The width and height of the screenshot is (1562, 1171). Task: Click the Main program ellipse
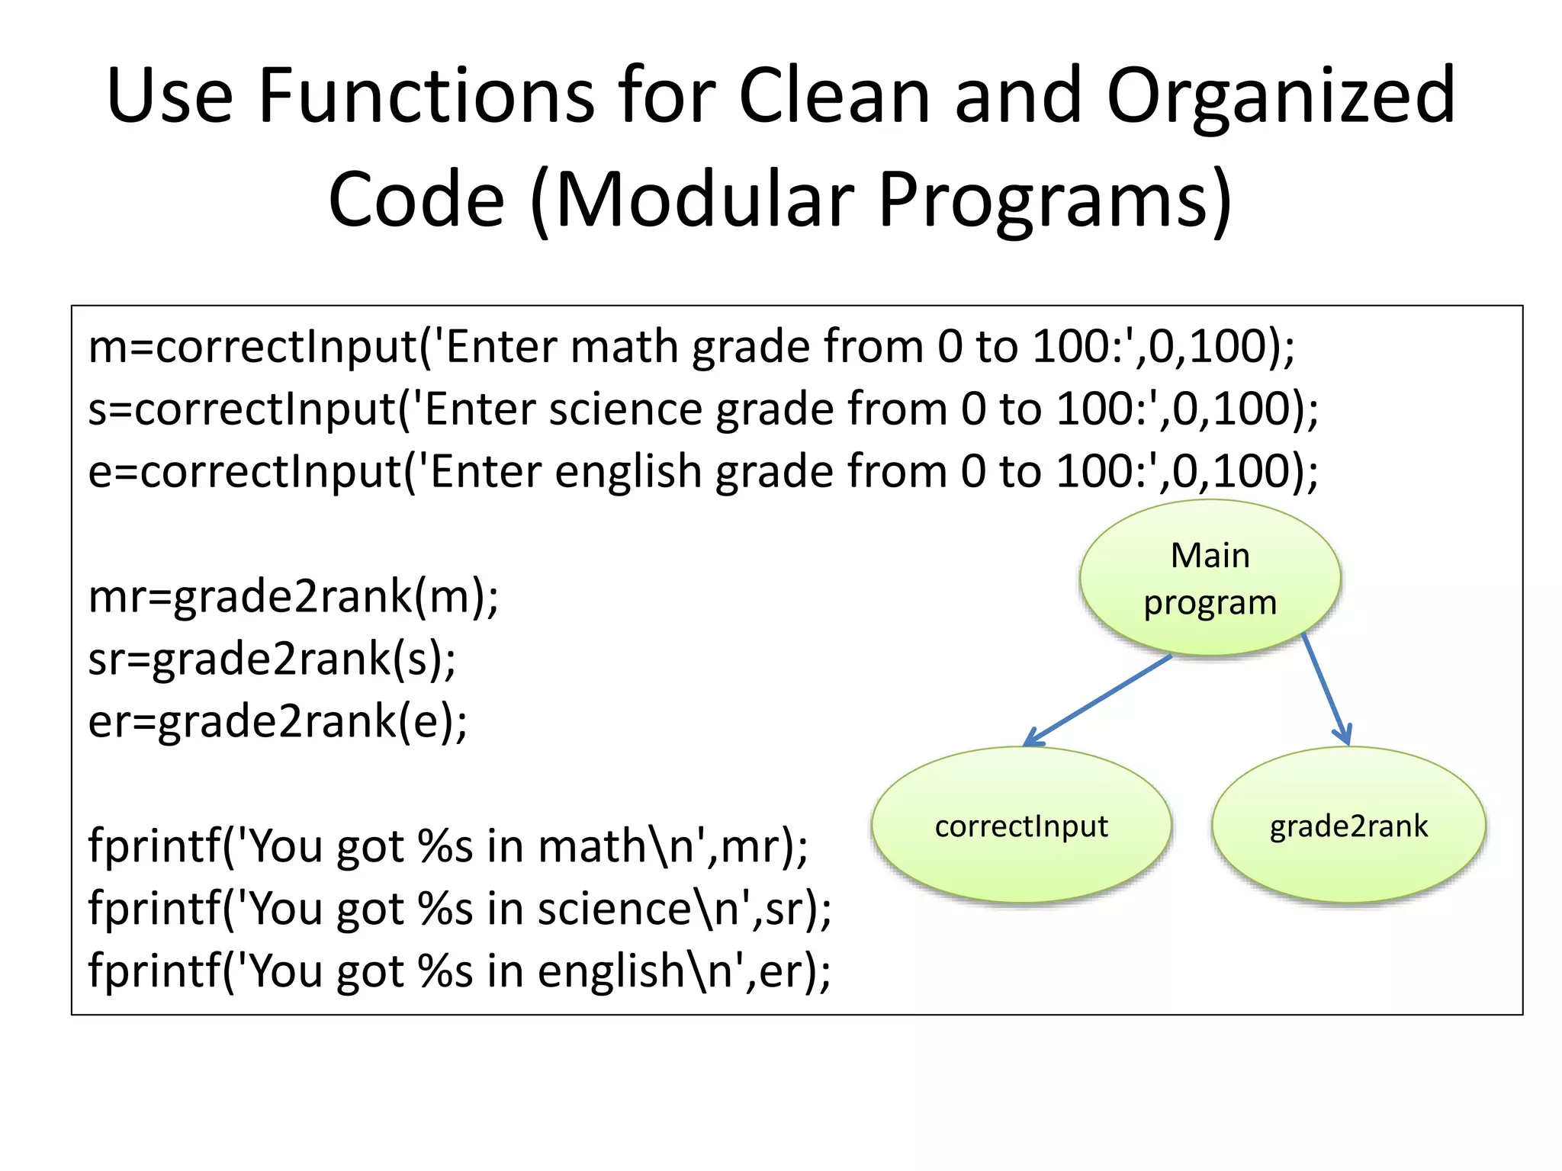coord(1210,578)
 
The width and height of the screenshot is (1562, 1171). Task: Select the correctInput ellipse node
coord(1021,826)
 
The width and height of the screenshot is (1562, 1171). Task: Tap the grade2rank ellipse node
coord(1348,826)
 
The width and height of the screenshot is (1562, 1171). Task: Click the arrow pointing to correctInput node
coord(1098,700)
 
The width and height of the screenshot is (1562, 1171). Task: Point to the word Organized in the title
coord(1281,98)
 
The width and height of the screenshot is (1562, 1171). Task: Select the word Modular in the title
coord(705,200)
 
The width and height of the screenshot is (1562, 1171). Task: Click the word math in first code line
coord(625,347)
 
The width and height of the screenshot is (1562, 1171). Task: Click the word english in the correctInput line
coord(628,472)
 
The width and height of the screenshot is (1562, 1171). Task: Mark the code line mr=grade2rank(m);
coord(294,597)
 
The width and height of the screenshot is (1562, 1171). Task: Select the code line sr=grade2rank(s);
coord(272,659)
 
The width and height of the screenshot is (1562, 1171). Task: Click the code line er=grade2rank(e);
coord(278,722)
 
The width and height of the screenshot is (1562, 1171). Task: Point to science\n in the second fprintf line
coord(638,909)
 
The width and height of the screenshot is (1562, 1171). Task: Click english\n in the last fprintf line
coord(636,971)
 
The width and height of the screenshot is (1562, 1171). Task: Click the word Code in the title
coord(416,200)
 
